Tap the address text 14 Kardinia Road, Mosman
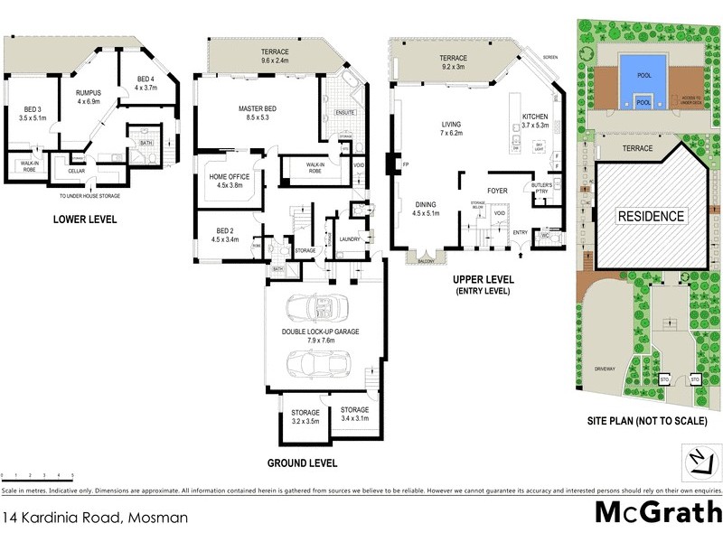[x=94, y=518]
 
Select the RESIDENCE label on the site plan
[x=651, y=216]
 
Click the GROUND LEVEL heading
[x=303, y=463]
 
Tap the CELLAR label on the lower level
[x=76, y=170]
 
